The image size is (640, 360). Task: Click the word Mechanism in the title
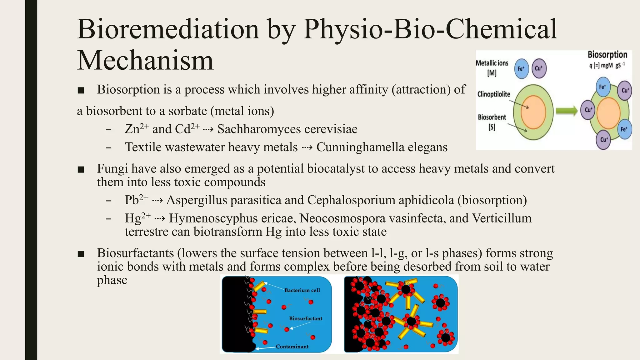pyautogui.click(x=145, y=60)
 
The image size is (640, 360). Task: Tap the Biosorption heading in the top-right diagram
pyautogui.click(x=607, y=55)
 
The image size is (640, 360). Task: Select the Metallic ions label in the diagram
pyautogui.click(x=492, y=63)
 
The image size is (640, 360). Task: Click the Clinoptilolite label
pyautogui.click(x=493, y=94)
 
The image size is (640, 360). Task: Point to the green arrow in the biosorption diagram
pyautogui.click(x=567, y=111)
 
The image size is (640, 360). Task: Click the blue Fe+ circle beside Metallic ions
pyautogui.click(x=521, y=68)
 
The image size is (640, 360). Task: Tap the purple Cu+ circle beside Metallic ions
pyautogui.click(x=539, y=68)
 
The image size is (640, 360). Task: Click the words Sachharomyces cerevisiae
pyautogui.click(x=287, y=129)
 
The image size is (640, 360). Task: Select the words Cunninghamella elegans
pyautogui.click(x=382, y=147)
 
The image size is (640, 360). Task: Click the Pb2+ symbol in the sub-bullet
pyautogui.click(x=136, y=200)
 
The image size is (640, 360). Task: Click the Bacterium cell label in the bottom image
pyautogui.click(x=302, y=290)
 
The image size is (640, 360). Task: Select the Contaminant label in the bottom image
pyautogui.click(x=292, y=347)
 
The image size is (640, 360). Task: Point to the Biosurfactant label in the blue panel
pyautogui.click(x=305, y=318)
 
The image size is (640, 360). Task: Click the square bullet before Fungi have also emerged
pyautogui.click(x=81, y=169)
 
